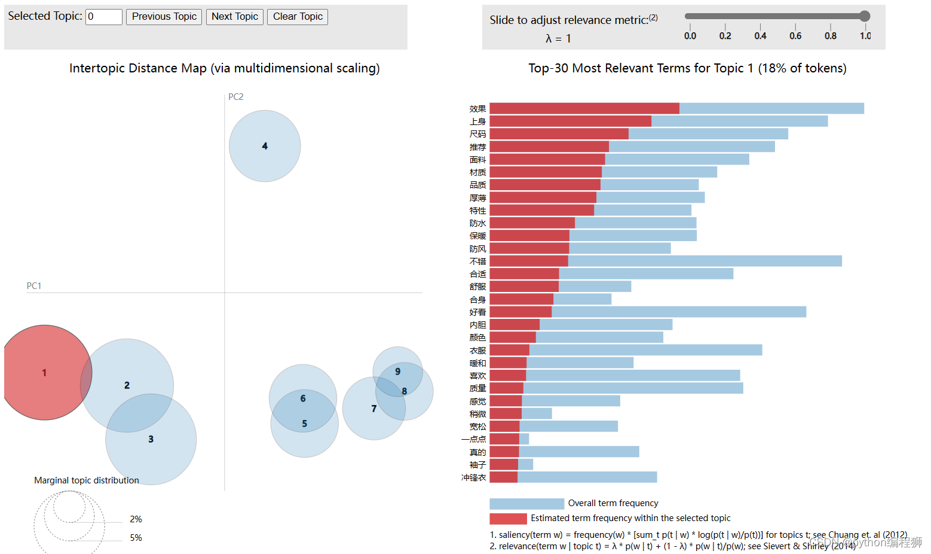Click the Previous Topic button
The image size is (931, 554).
coord(164,17)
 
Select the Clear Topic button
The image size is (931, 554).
coord(298,17)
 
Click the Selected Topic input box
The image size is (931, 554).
coord(104,17)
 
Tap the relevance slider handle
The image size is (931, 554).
coord(865,16)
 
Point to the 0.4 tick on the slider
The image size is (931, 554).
coord(760,35)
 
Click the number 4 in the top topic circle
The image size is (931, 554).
coord(265,146)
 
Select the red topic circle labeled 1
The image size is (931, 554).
coord(44,373)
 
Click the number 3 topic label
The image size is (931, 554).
coord(151,439)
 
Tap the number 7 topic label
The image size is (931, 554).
coord(374,409)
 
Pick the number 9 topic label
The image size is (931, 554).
coord(398,372)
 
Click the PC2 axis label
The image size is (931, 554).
coord(236,97)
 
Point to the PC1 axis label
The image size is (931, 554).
coord(34,286)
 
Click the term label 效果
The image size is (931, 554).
coord(477,109)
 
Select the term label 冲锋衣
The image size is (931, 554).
coord(473,477)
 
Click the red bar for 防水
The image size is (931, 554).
coord(532,223)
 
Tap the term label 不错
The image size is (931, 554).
coord(477,261)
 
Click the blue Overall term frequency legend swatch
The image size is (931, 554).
coord(526,504)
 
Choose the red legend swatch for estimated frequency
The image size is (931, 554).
coord(508,519)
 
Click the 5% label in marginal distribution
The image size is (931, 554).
coord(136,538)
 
